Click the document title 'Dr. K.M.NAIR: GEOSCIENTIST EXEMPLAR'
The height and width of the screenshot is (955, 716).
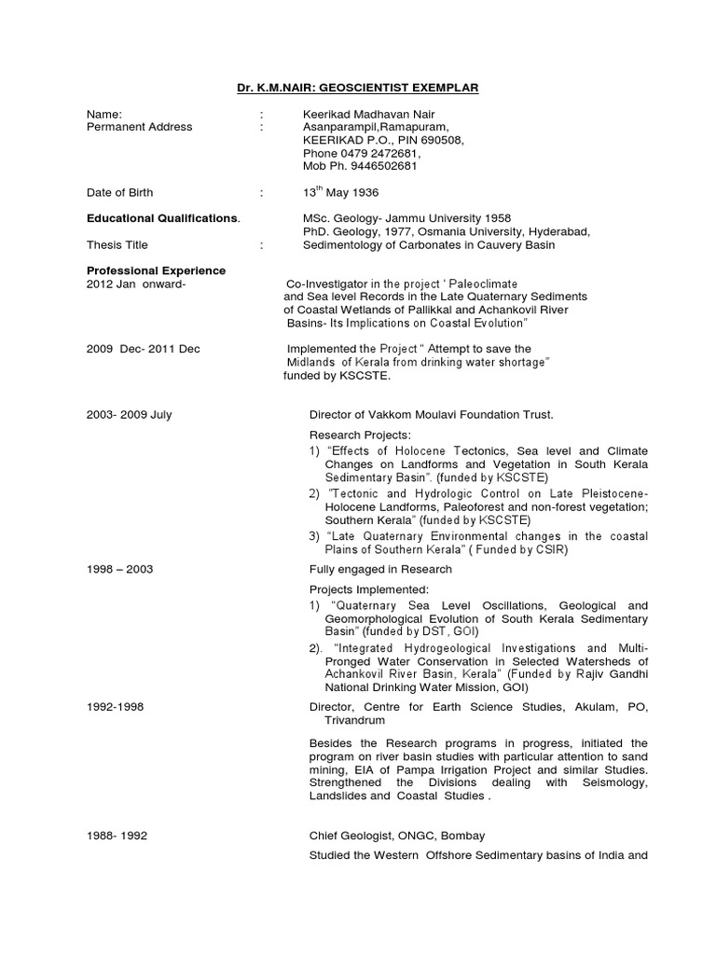point(357,88)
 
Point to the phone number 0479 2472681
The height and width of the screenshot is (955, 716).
point(380,153)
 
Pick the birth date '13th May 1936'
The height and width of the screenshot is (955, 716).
point(340,193)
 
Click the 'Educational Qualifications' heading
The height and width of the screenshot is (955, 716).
point(163,219)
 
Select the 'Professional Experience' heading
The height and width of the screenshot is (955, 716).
point(156,270)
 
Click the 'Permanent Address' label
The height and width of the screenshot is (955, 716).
point(139,127)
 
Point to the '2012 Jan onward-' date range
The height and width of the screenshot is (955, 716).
point(136,284)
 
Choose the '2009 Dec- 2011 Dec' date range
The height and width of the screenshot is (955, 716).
point(143,349)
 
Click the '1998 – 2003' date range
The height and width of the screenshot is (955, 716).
point(119,569)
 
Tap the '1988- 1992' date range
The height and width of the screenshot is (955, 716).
point(117,836)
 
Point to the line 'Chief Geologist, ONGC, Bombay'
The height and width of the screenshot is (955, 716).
point(397,836)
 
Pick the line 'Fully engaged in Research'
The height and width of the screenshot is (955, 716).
point(380,569)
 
